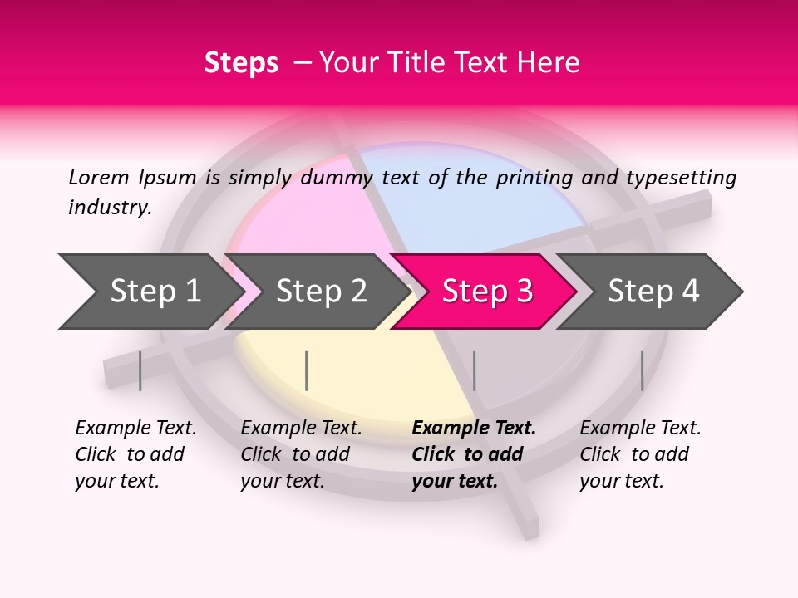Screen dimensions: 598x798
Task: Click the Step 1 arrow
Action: tap(154, 292)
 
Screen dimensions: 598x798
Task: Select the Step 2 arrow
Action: tap(320, 292)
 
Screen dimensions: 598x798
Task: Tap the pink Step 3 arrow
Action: tap(486, 292)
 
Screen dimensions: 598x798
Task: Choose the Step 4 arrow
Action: tap(653, 292)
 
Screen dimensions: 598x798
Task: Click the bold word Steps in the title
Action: tap(241, 63)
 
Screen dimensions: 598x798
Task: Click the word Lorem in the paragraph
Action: tap(97, 177)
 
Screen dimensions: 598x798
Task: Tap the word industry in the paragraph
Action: tap(109, 207)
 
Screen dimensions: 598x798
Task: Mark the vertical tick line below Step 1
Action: tap(140, 370)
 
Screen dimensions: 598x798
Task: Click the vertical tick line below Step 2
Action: tap(307, 370)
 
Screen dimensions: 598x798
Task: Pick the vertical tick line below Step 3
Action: tap(474, 370)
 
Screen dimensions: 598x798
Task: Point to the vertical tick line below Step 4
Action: tap(642, 370)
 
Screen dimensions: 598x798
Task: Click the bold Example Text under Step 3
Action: tap(474, 429)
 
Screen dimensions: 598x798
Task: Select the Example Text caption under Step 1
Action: tap(135, 429)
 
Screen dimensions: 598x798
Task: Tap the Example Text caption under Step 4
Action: tap(640, 429)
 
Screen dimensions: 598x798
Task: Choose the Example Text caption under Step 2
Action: tap(301, 429)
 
